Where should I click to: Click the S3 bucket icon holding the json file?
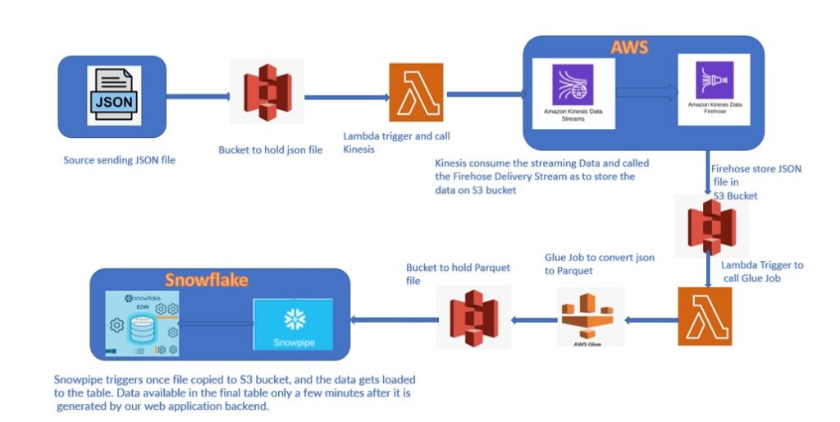tap(268, 92)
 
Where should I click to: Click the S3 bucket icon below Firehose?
tap(710, 226)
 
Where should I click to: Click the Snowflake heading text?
tap(205, 280)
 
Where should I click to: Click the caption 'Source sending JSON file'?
tap(119, 160)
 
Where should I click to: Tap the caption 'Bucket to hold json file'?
tap(271, 150)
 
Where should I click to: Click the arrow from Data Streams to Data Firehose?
tap(645, 92)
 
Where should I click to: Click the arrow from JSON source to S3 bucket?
tap(197, 97)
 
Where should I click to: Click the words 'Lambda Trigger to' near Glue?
tap(762, 265)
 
